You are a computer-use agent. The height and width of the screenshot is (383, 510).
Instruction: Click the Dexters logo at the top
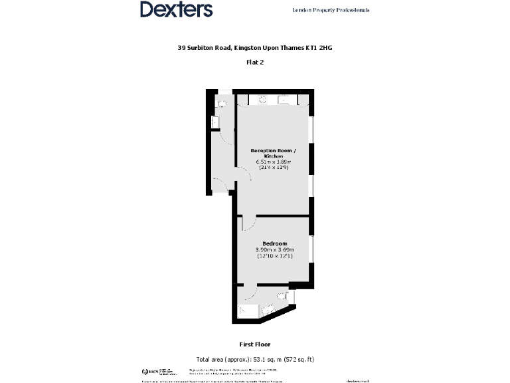176,9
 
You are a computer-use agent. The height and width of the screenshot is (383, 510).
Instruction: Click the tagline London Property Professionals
331,10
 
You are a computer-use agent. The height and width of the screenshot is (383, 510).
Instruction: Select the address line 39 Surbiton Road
254,48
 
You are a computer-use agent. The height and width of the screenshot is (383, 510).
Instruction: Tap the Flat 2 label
254,63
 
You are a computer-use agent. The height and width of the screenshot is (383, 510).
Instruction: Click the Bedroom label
274,243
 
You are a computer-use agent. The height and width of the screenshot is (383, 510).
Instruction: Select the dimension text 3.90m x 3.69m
274,250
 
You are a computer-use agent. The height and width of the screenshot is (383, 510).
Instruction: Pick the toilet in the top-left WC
221,104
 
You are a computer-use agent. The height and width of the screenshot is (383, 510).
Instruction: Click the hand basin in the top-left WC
214,122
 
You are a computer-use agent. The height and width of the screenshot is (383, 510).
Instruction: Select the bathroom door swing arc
250,291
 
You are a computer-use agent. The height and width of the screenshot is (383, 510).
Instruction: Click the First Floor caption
254,344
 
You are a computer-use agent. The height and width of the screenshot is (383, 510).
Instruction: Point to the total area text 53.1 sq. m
254,358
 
